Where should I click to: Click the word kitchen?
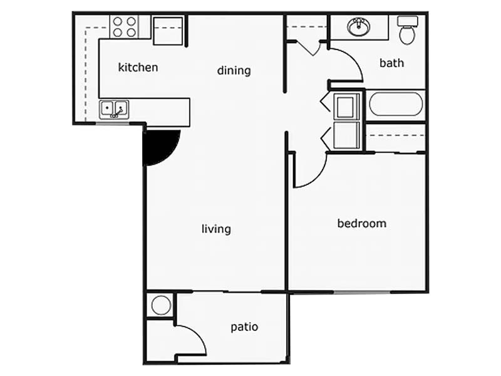coord(138,68)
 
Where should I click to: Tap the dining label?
coord(234,70)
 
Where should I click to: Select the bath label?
coord(391,63)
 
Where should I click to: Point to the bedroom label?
coord(362,223)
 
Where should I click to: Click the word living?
coord(216,229)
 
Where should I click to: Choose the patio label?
coord(244,326)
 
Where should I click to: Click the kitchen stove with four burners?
coord(124,27)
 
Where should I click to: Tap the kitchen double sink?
coord(114,110)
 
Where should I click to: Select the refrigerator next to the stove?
coord(168,31)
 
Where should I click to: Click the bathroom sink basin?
coord(359,27)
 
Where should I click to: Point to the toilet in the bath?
coord(408,30)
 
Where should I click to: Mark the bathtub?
coord(396,104)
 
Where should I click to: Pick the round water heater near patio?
coord(161,305)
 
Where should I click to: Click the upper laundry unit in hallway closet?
coord(346,107)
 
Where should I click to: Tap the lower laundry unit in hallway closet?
coord(346,135)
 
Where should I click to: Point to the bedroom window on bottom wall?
coord(363,292)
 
